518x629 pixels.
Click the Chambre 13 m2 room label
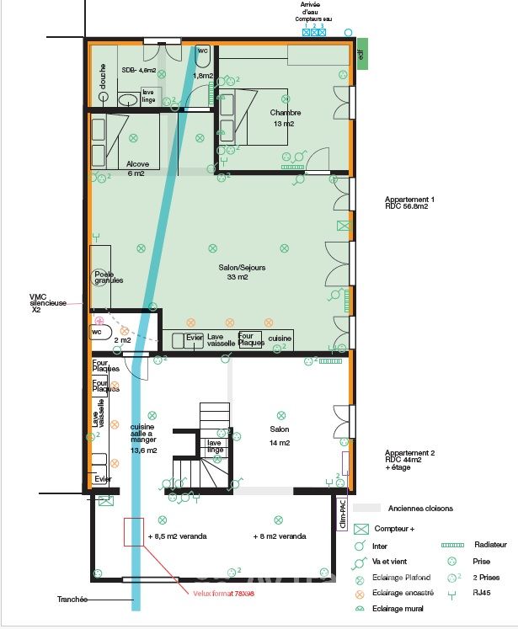285,118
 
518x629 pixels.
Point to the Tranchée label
74,600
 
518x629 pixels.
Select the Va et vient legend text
402,562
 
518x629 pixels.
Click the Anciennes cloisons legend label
420,509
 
